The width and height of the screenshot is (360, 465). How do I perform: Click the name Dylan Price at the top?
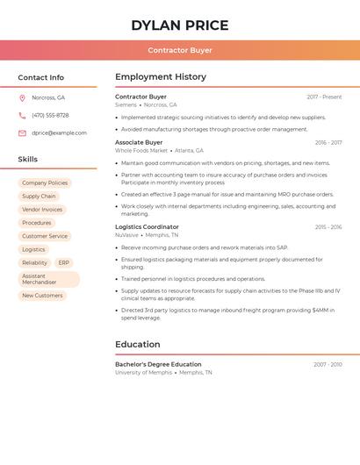click(x=179, y=25)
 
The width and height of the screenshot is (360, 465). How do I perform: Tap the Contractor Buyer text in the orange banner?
click(x=180, y=51)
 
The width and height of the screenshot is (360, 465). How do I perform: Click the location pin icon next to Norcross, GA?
click(x=22, y=97)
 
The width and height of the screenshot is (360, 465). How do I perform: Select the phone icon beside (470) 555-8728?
click(x=22, y=115)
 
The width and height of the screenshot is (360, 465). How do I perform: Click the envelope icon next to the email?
click(x=22, y=133)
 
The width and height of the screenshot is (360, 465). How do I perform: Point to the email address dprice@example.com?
click(x=59, y=133)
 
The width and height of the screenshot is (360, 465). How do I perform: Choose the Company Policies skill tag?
click(x=45, y=183)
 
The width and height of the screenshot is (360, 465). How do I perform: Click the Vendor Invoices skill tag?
click(x=42, y=210)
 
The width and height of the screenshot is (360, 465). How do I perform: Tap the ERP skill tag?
click(x=64, y=263)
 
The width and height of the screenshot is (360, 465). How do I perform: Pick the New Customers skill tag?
click(x=42, y=296)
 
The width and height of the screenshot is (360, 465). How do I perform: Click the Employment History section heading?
click(x=161, y=77)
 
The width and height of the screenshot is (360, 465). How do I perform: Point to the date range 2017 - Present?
click(x=324, y=97)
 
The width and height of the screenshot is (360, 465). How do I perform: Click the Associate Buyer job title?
click(x=139, y=142)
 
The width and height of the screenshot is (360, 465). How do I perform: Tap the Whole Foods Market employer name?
click(x=140, y=151)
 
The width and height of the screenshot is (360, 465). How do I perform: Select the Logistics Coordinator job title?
click(x=147, y=227)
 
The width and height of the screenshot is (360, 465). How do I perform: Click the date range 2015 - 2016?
click(x=328, y=227)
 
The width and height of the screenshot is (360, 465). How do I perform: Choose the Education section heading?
click(x=138, y=345)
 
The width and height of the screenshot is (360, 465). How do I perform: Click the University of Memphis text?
click(x=143, y=373)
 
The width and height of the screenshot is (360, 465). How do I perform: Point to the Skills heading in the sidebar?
click(x=28, y=160)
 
